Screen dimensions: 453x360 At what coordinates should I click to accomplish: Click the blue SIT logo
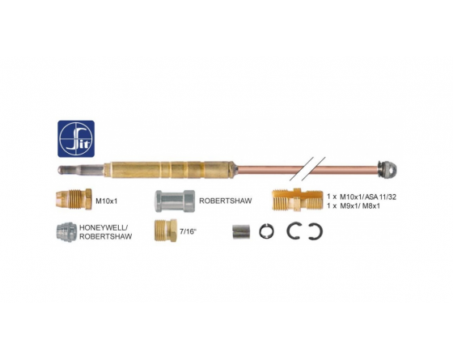coord(76,138)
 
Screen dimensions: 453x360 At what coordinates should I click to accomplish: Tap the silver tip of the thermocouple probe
coord(81,170)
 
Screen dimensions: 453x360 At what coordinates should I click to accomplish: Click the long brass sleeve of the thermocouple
coord(171,170)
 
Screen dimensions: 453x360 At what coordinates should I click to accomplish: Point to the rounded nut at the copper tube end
coord(389,170)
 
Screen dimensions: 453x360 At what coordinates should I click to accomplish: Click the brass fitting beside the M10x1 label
coord(74,199)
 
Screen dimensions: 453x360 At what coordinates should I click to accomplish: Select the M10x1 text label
coord(107,201)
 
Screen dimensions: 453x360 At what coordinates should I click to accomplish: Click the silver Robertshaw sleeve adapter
coord(175,201)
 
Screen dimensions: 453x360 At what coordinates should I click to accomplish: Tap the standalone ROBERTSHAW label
coord(226,201)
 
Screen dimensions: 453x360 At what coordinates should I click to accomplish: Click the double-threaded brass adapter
coord(297,199)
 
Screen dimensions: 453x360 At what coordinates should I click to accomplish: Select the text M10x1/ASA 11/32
coord(368,197)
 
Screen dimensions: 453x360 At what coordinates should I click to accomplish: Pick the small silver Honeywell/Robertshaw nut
coord(66,232)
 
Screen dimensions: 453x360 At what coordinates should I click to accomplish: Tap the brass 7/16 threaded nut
coord(166,231)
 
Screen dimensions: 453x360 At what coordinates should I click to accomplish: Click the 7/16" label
coord(188,231)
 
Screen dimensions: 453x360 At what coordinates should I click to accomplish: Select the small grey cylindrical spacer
coord(241,232)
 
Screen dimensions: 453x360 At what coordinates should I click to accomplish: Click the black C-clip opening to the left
coord(321,231)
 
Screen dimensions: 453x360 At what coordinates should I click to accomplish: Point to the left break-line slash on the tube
coord(301,169)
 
